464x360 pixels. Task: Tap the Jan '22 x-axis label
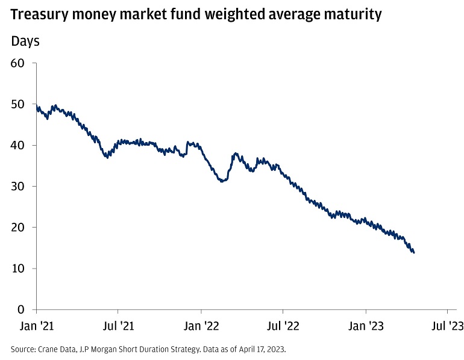coord(201,327)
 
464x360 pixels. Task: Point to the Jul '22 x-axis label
coord(283,327)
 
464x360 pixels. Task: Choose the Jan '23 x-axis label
coord(366,327)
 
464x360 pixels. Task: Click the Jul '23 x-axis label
coord(447,327)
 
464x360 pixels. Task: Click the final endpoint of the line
coord(413,252)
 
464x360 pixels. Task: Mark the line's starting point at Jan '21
coord(37,106)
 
